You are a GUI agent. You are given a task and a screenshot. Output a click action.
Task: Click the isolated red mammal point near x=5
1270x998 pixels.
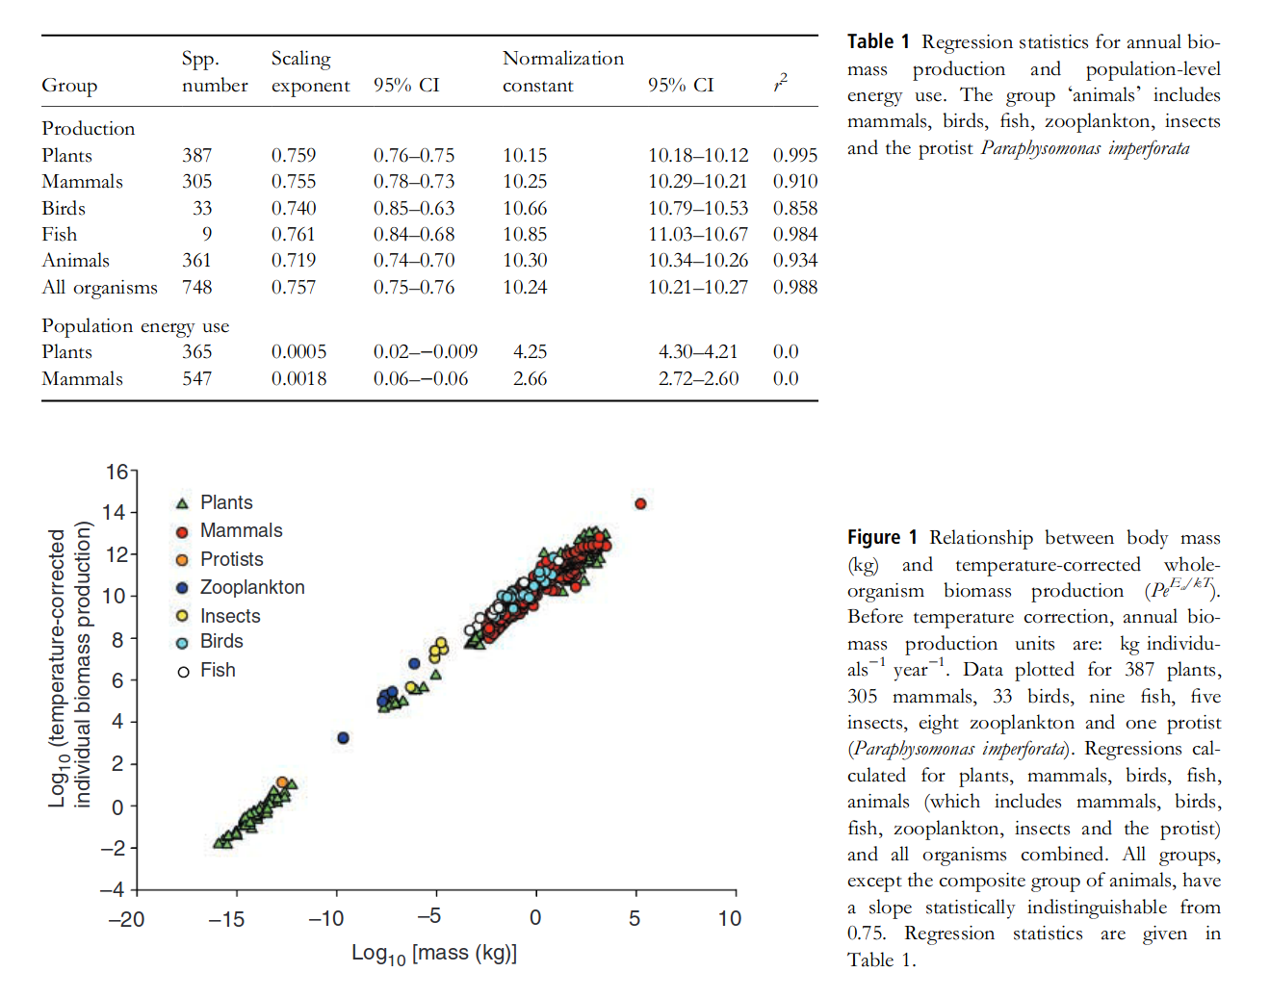coord(640,503)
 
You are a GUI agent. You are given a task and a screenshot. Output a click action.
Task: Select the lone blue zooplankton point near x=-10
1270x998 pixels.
coord(343,738)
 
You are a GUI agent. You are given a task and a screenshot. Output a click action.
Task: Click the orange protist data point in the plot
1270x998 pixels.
coord(282,782)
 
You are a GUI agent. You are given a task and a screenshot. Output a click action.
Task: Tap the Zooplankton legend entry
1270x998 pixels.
coord(251,587)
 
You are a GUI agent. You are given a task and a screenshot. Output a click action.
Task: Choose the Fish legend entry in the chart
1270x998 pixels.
coord(218,670)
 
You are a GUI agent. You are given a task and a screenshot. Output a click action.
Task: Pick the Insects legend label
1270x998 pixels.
coord(230,616)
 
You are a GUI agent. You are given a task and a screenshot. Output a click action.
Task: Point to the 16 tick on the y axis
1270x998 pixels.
coord(117,472)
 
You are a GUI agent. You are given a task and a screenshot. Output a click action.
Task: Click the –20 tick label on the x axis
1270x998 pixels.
coord(126,919)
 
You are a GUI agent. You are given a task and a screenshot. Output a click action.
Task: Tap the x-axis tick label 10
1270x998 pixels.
coord(730,919)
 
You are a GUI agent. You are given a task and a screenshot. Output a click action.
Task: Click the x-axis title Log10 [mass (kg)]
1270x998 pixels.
coord(434,953)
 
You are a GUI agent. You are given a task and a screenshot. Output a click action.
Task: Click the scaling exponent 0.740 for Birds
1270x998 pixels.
coord(293,208)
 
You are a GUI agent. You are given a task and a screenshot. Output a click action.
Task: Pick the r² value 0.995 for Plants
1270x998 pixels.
coord(794,155)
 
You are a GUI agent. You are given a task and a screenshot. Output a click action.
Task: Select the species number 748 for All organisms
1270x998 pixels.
coord(197,287)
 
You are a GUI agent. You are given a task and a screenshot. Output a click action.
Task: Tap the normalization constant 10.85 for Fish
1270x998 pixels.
coord(525,234)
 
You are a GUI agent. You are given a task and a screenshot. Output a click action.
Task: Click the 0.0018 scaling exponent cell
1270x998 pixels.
coord(298,378)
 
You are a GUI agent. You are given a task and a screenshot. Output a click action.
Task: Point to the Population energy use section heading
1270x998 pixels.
coord(135,325)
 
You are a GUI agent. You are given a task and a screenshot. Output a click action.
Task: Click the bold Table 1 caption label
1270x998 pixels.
coord(877,41)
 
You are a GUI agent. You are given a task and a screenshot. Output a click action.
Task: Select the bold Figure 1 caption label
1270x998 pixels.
coord(881,537)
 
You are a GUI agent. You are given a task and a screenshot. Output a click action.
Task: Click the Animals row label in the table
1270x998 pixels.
coord(75,260)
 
